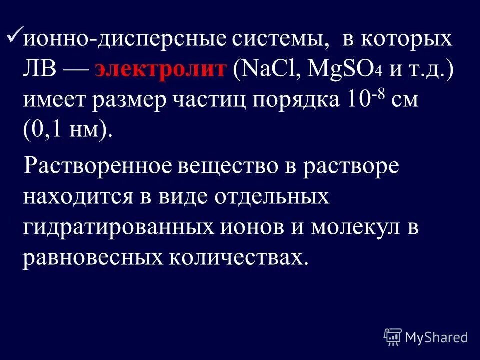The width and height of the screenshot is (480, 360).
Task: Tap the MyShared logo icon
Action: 393,337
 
